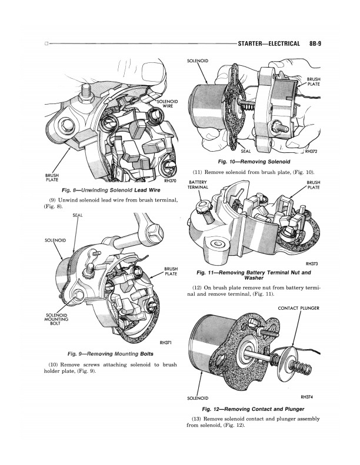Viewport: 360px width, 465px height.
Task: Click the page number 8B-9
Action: pyautogui.click(x=318, y=44)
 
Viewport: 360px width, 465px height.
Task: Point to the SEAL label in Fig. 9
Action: pyautogui.click(x=76, y=216)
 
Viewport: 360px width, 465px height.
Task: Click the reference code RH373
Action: pyautogui.click(x=312, y=264)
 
